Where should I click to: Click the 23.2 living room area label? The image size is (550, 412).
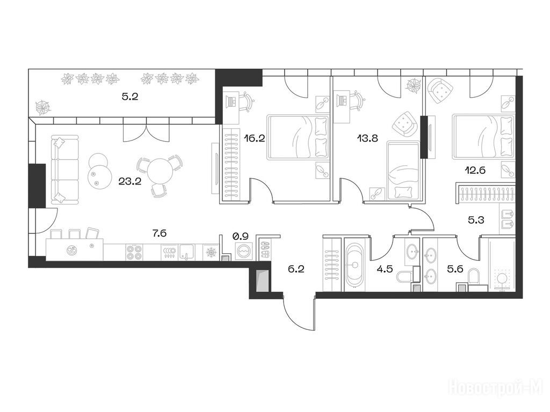pyautogui.click(x=130, y=181)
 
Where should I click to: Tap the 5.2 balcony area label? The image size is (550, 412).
pyautogui.click(x=130, y=97)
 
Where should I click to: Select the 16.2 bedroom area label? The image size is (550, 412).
pyautogui.click(x=255, y=138)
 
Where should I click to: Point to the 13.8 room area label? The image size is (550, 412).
pyautogui.click(x=367, y=138)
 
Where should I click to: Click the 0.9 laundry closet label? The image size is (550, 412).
pyautogui.click(x=241, y=236)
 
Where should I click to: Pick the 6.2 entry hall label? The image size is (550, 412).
pyautogui.click(x=296, y=269)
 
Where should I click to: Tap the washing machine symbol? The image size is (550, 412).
pyautogui.click(x=243, y=252)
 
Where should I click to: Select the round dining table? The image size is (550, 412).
pyautogui.click(x=160, y=171)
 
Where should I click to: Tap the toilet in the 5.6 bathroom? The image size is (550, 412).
pyautogui.click(x=474, y=277)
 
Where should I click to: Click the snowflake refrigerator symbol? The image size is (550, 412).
pyautogui.click(x=211, y=252)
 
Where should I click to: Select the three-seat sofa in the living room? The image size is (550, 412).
pyautogui.click(x=65, y=170)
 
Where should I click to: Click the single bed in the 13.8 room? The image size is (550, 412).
pyautogui.click(x=403, y=171)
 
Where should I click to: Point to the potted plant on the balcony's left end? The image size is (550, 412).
pyautogui.click(x=43, y=107)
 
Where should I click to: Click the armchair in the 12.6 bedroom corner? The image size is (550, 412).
pyautogui.click(x=440, y=89)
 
